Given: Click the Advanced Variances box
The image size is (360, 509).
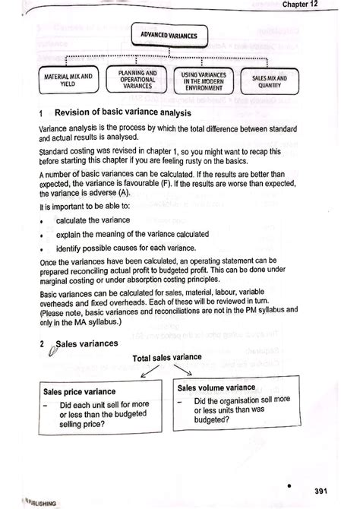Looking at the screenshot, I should pos(169,36).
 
